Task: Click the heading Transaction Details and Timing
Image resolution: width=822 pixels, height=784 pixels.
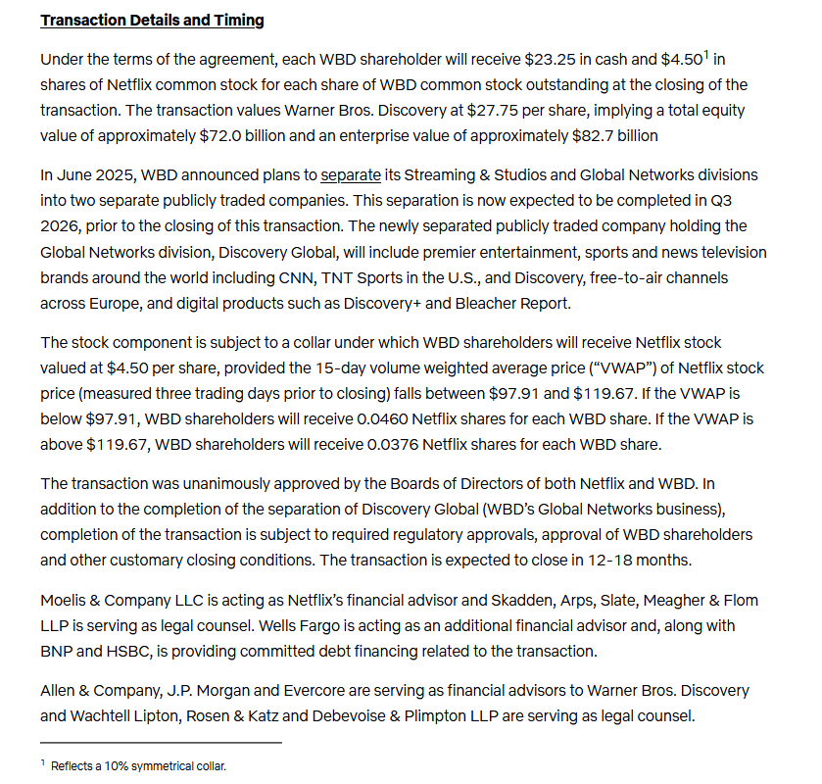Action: [x=152, y=20]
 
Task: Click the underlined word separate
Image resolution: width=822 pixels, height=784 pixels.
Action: [x=351, y=175]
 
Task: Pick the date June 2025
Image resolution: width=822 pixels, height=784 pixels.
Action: [x=96, y=175]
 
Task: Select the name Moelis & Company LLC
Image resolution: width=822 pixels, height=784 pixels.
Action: [x=125, y=600]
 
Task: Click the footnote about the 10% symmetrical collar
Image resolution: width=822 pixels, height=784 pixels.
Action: [x=137, y=765]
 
